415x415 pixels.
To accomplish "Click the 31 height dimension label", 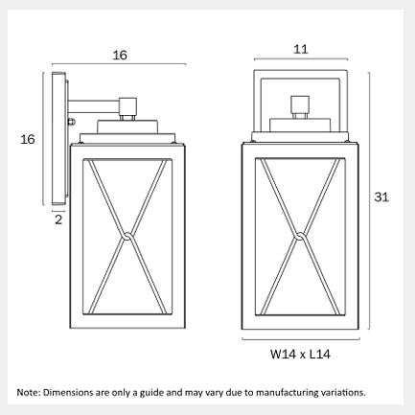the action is [x=381, y=197].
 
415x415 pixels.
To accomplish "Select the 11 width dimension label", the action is [x=300, y=49].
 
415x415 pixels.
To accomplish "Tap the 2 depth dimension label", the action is [x=58, y=219].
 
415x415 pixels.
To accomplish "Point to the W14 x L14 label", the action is [x=300, y=354].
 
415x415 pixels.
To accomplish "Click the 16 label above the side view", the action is [x=120, y=56].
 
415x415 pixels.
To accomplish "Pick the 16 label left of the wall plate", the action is [x=28, y=139].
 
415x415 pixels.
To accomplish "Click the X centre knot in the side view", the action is [x=127, y=236].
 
